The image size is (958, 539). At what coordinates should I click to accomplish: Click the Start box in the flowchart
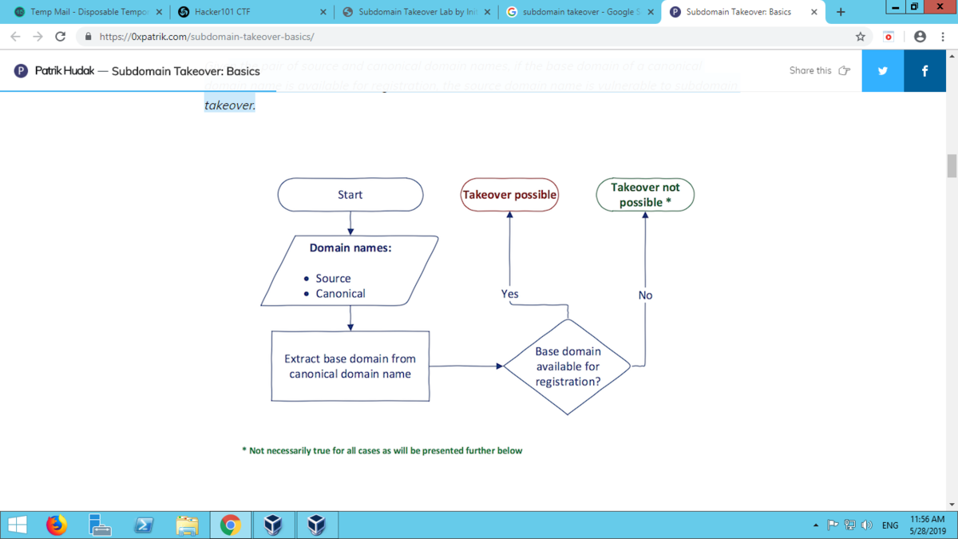click(350, 195)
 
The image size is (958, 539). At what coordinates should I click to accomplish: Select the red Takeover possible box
click(509, 195)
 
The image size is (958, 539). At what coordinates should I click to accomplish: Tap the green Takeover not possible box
click(645, 195)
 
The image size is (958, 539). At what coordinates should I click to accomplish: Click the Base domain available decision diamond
click(568, 367)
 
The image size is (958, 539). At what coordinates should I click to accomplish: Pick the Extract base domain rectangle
click(350, 367)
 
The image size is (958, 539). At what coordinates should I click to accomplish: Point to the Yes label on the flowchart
click(509, 294)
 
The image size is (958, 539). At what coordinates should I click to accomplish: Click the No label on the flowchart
click(645, 295)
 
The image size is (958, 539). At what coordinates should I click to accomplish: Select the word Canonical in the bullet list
click(340, 293)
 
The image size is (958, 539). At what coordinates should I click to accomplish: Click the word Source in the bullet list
click(333, 278)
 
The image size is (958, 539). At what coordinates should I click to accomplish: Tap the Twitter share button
click(882, 70)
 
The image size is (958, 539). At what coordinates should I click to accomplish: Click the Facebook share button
click(924, 70)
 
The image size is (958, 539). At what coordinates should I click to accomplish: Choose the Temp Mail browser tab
click(88, 12)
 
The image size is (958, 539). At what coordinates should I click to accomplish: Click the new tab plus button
click(840, 12)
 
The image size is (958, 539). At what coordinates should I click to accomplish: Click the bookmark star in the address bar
click(860, 37)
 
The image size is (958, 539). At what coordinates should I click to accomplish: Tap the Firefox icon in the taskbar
click(56, 525)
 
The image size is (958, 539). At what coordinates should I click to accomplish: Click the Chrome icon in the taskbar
click(230, 525)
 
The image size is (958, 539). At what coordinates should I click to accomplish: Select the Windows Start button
click(17, 525)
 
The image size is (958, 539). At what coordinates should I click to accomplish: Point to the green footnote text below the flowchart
click(382, 450)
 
